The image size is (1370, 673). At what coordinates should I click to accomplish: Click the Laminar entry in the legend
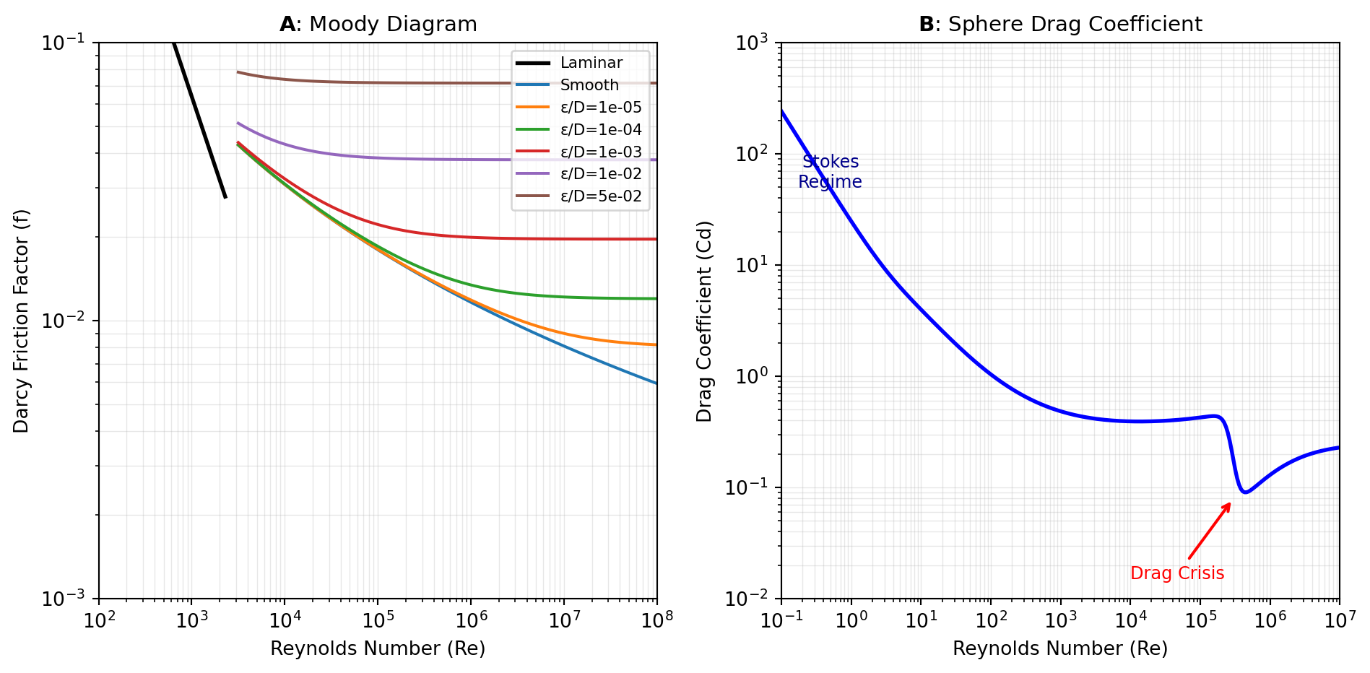tap(591, 63)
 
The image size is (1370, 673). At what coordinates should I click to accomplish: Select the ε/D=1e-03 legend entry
tap(601, 152)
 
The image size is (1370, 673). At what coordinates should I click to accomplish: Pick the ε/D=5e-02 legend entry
tap(601, 196)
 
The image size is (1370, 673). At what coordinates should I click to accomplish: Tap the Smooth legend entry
tap(589, 85)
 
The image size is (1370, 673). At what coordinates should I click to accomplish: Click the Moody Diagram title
tap(378, 25)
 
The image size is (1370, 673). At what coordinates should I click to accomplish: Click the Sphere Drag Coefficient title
tap(1060, 25)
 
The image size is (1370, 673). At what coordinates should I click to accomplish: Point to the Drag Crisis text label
tap(1177, 573)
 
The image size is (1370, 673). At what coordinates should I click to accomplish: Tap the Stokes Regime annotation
tap(830, 172)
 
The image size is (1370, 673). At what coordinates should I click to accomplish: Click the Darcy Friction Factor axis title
tap(21, 321)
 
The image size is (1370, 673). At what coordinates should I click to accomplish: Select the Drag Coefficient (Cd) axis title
tap(704, 321)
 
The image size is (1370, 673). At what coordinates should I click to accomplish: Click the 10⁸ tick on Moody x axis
tap(657, 620)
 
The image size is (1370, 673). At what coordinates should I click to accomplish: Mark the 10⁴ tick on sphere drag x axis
tap(1130, 620)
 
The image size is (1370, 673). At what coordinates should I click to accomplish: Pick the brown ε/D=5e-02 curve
tap(433, 83)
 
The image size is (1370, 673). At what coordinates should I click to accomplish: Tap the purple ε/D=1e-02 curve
tap(433, 159)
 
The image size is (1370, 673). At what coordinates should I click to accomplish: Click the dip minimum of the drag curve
tap(1246, 492)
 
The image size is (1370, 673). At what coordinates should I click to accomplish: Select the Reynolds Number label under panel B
tap(1060, 648)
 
